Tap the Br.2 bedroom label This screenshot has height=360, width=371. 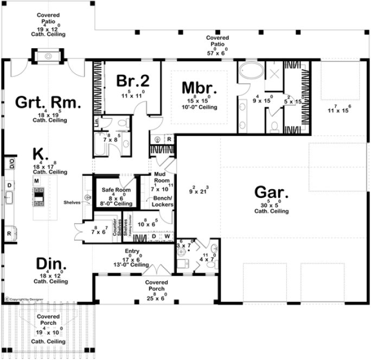coord(132,80)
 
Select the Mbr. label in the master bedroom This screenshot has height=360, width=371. coord(200,87)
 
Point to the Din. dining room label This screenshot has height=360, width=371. coord(52,264)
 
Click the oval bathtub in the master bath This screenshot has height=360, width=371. coord(250,72)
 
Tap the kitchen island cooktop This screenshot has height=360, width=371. coord(40,197)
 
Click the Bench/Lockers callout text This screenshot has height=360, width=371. coord(162,201)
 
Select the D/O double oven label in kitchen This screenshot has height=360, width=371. coord(10,162)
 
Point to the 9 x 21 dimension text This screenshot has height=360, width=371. coord(199,190)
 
